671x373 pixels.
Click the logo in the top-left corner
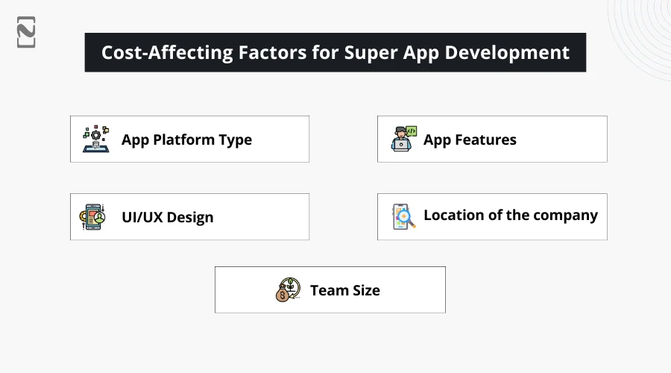tap(26, 32)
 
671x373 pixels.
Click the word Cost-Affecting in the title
tap(167, 52)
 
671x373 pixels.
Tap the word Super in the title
tap(371, 53)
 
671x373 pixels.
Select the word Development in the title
tap(507, 53)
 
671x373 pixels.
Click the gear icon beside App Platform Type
tap(96, 139)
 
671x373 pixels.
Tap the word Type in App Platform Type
tap(235, 140)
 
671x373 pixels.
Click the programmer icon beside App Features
tap(403, 139)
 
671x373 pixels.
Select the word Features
tap(485, 140)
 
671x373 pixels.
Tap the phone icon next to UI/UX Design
tap(92, 217)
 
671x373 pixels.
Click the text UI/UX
tap(142, 217)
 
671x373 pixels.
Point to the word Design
tap(190, 218)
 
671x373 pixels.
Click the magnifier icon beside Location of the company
tap(403, 216)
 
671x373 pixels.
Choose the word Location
tap(453, 215)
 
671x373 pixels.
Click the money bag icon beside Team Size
tap(288, 290)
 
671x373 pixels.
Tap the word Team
tap(327, 290)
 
